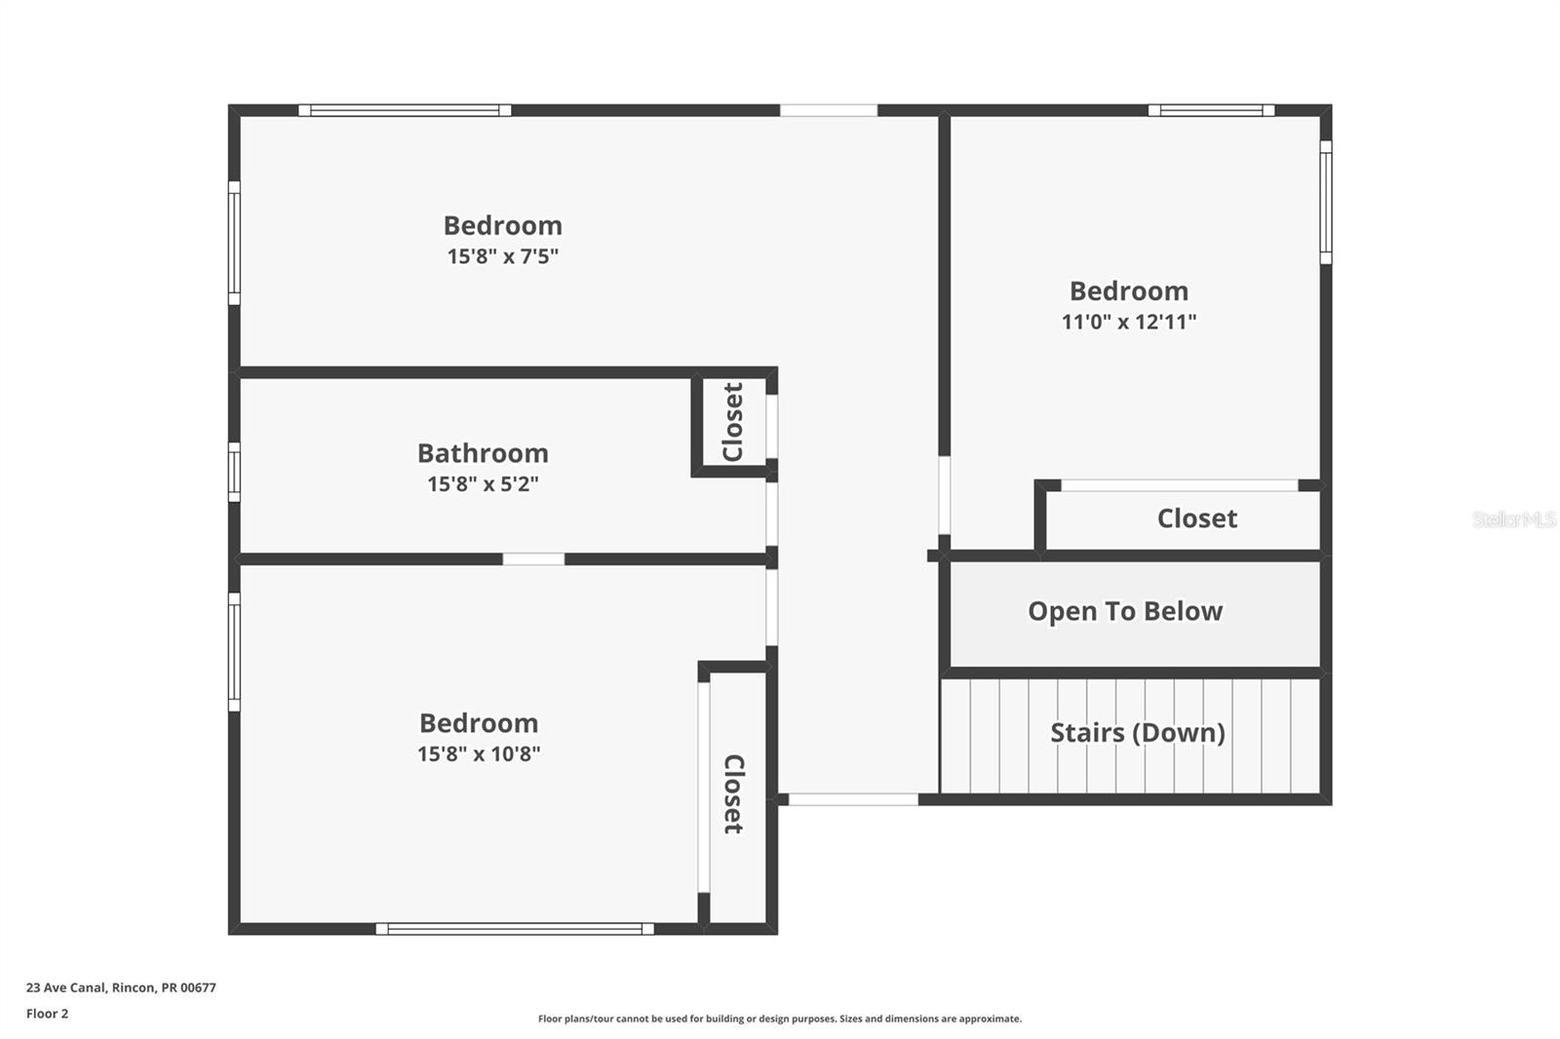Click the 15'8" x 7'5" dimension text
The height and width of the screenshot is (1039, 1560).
pyautogui.click(x=502, y=256)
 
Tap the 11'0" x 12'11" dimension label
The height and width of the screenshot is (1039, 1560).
pyautogui.click(x=1128, y=322)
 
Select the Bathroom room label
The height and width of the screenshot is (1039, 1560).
pyautogui.click(x=483, y=453)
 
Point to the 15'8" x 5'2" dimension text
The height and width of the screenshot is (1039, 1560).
pyautogui.click(x=483, y=483)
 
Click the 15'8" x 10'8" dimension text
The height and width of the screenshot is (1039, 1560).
pyautogui.click(x=479, y=753)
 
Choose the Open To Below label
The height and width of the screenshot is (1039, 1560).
pyautogui.click(x=1124, y=611)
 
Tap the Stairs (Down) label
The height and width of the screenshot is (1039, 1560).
pyautogui.click(x=1137, y=733)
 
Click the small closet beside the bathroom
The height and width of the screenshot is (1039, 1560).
pyautogui.click(x=733, y=422)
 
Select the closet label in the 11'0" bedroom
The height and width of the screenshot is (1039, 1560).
pyautogui.click(x=1196, y=519)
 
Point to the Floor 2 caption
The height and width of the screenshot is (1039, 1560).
pyautogui.click(x=47, y=1014)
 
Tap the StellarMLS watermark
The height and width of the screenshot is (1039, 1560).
pyautogui.click(x=1513, y=519)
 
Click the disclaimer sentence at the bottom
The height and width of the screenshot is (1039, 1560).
pyautogui.click(x=780, y=1019)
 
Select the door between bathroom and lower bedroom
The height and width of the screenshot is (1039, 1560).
pyautogui.click(x=533, y=559)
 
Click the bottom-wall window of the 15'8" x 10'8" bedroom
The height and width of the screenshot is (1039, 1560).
pyautogui.click(x=515, y=929)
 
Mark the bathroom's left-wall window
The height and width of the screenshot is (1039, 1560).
pyautogui.click(x=234, y=472)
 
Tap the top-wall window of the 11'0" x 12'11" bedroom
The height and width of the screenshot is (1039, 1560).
pyautogui.click(x=1211, y=110)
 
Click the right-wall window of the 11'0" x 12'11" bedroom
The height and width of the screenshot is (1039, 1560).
pyautogui.click(x=1325, y=202)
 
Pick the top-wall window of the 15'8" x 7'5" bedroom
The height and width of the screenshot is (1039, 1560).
pyautogui.click(x=405, y=110)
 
